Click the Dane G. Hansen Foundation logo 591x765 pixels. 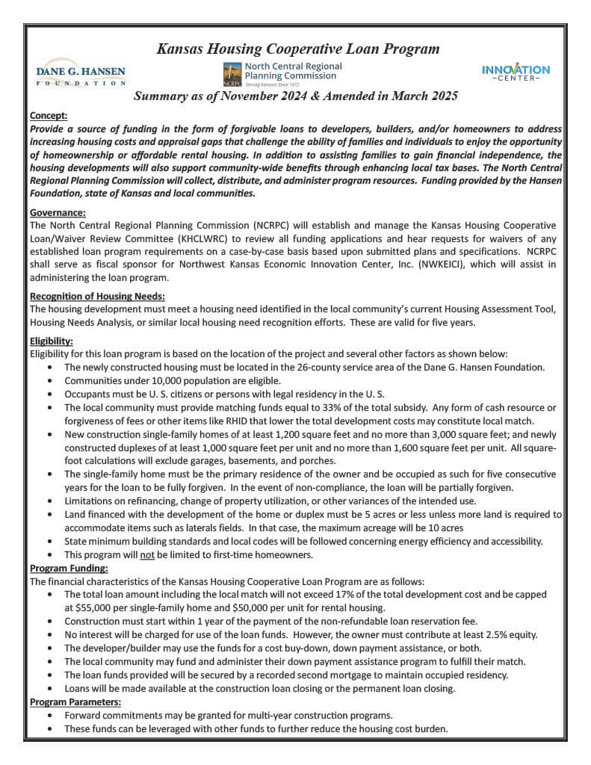pos(81,73)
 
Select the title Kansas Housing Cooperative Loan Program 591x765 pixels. pos(297,49)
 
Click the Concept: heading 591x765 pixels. pos(48,116)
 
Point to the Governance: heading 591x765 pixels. pos(58,213)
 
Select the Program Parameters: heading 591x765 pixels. pos(75,702)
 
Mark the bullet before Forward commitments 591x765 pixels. pos(49,715)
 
